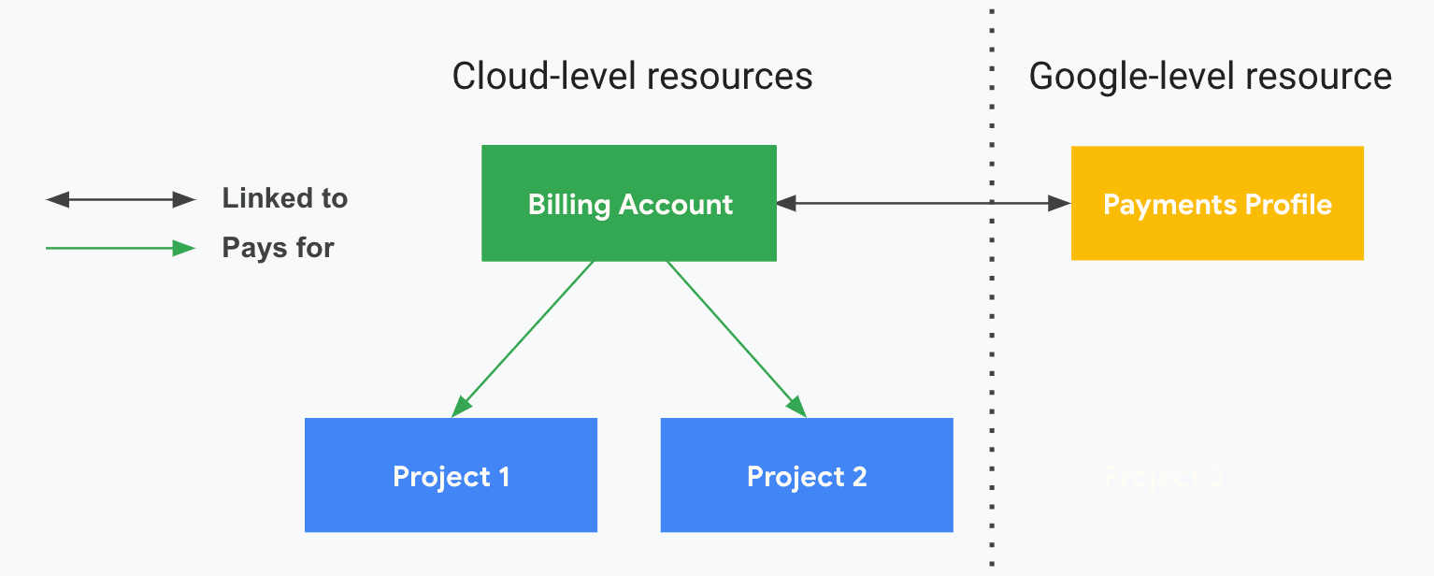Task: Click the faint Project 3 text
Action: tap(1163, 477)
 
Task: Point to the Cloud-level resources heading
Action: tap(632, 76)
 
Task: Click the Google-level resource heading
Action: tap(1210, 76)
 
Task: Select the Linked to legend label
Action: tap(284, 198)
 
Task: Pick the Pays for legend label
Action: tap(278, 248)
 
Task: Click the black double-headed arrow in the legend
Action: tap(121, 199)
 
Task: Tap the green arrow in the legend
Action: tap(121, 249)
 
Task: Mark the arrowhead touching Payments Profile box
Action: tap(1060, 203)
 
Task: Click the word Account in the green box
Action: tap(678, 205)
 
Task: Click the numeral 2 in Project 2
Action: tap(858, 477)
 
